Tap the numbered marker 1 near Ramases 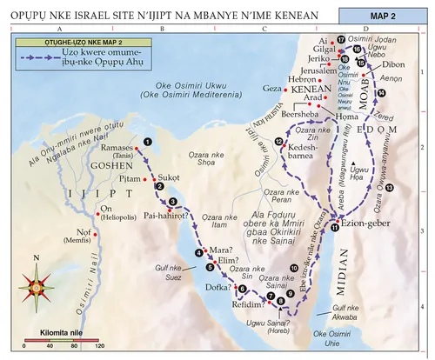(x=149, y=141)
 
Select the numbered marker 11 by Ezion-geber (x=335, y=228)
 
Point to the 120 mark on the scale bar (x=99, y=345)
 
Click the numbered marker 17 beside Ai (x=342, y=40)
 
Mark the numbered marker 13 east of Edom (x=389, y=187)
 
